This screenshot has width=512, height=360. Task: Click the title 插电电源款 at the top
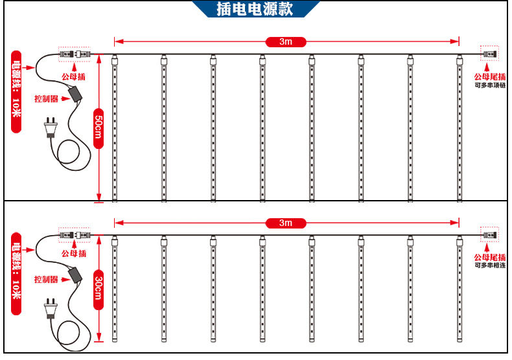pos(255,9)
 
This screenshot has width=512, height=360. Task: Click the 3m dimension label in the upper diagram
pos(286,42)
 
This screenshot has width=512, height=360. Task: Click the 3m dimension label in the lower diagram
pos(286,223)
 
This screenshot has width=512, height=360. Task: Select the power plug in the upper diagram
pos(50,128)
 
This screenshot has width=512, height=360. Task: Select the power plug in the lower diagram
pos(50,308)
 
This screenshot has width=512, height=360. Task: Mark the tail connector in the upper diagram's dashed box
pos(489,54)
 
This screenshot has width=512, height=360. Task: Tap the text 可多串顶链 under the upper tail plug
pos(489,85)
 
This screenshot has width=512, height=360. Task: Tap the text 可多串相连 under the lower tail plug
pos(489,265)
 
